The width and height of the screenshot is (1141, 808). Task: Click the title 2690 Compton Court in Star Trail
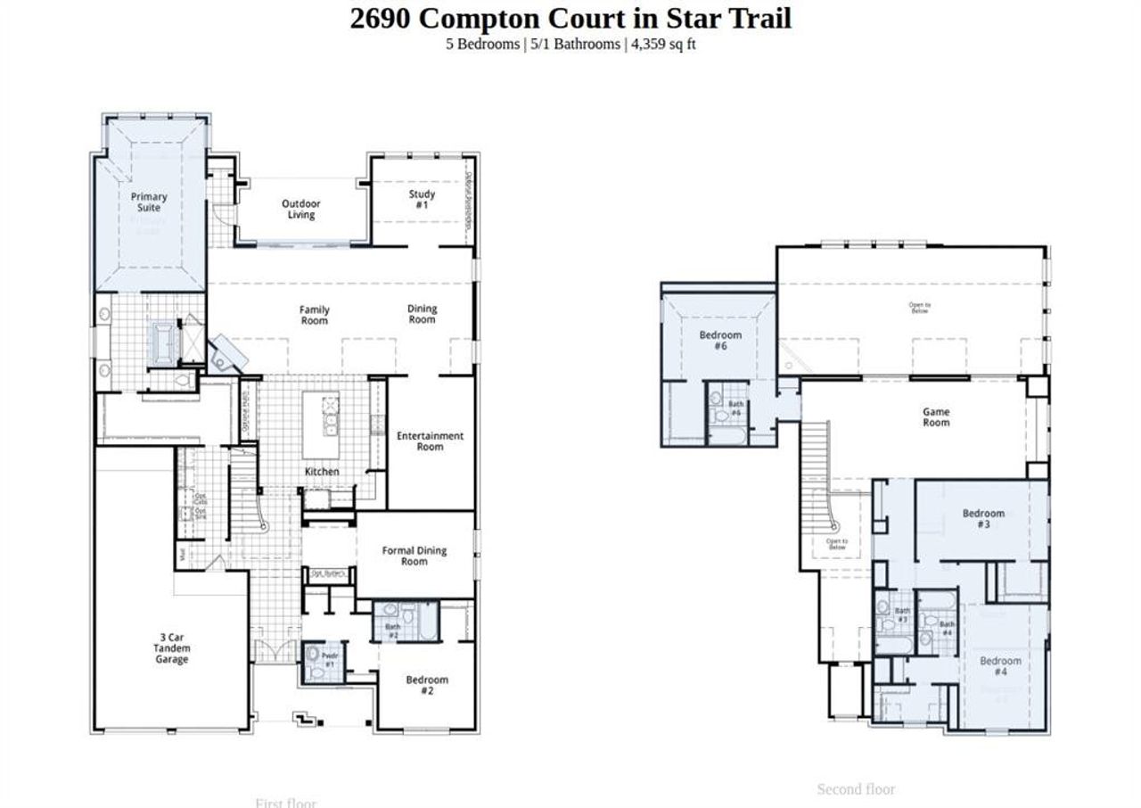tap(570, 18)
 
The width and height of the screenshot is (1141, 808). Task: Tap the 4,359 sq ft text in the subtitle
tap(663, 44)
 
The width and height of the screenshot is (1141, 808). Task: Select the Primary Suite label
tap(149, 202)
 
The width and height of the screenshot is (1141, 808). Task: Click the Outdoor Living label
tap(301, 210)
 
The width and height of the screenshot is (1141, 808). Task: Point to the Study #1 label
tap(422, 200)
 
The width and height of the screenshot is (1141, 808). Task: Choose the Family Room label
tap(314, 316)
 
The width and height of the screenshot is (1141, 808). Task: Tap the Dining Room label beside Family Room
tap(423, 315)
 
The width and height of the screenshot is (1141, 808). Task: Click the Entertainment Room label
tap(430, 441)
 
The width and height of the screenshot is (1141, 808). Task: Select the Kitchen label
tap(322, 472)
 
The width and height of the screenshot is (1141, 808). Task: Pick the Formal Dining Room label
tap(415, 557)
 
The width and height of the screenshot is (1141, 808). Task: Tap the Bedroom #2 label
tap(427, 686)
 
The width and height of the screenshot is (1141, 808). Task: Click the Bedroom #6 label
tap(720, 341)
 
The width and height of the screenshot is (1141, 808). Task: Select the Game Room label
tap(936, 417)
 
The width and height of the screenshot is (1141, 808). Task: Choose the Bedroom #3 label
tap(983, 519)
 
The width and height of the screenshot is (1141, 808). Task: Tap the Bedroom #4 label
tap(1000, 666)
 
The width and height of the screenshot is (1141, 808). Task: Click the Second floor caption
tap(856, 789)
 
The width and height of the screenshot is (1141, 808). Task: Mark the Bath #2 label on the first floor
tap(393, 631)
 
